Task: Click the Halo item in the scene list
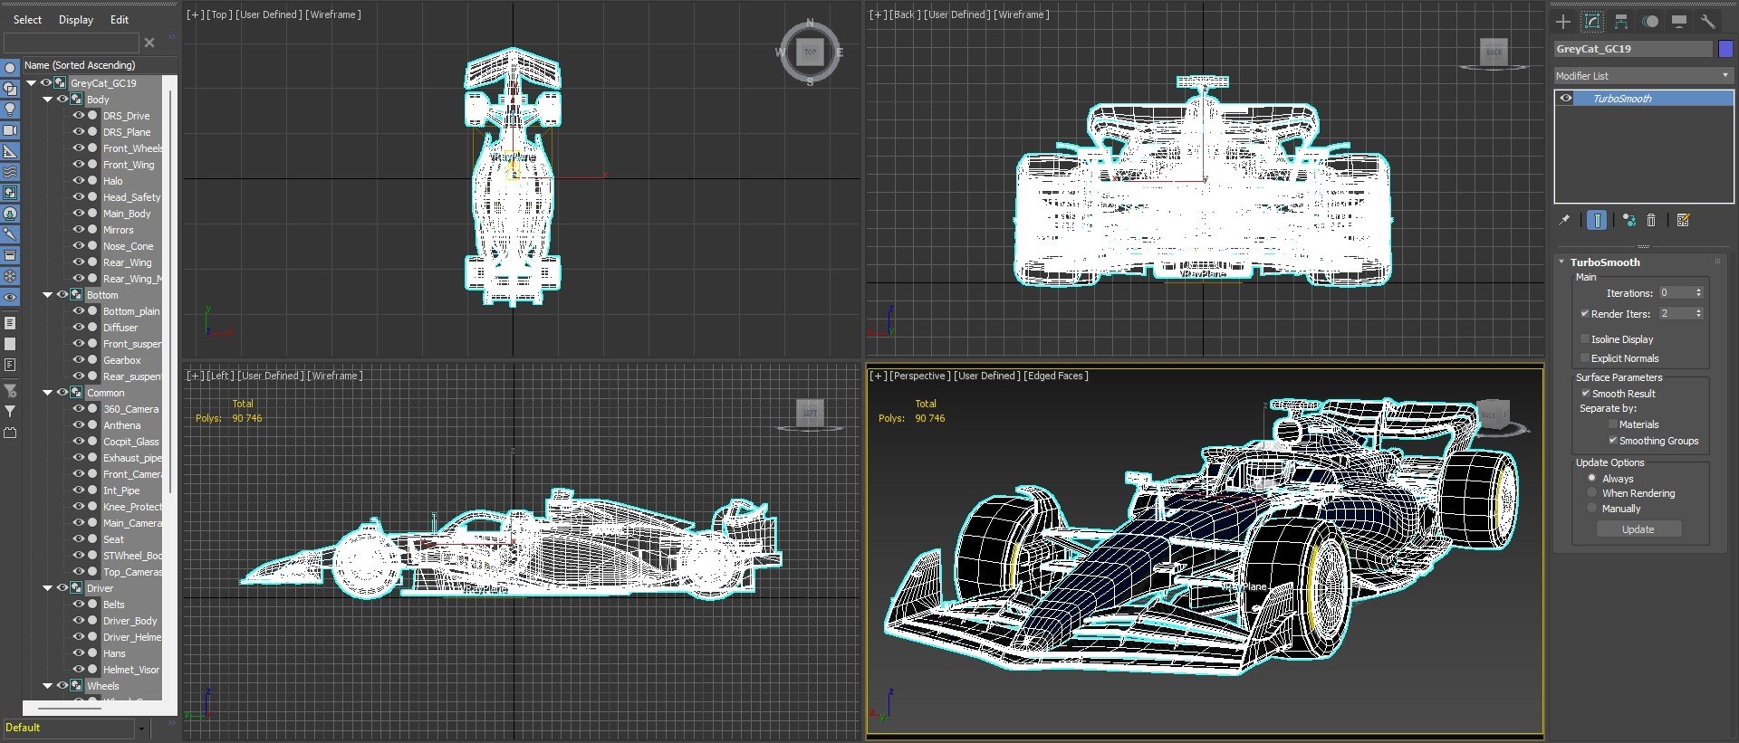(112, 181)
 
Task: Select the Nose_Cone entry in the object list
(128, 246)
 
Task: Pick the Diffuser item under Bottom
(120, 328)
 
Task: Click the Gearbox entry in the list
(121, 360)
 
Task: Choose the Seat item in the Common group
(113, 539)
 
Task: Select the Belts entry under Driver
(113, 605)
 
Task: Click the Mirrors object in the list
(118, 230)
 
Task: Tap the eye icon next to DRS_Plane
(79, 132)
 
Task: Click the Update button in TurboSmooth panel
(1638, 529)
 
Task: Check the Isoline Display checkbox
(1585, 339)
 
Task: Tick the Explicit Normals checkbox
(1585, 358)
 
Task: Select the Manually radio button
(1591, 509)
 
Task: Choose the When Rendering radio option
(1591, 493)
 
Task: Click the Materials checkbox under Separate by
(1612, 424)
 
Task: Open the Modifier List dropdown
(1642, 76)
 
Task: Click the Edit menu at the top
(120, 20)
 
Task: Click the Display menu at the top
(76, 20)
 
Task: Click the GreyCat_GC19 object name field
(1632, 49)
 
